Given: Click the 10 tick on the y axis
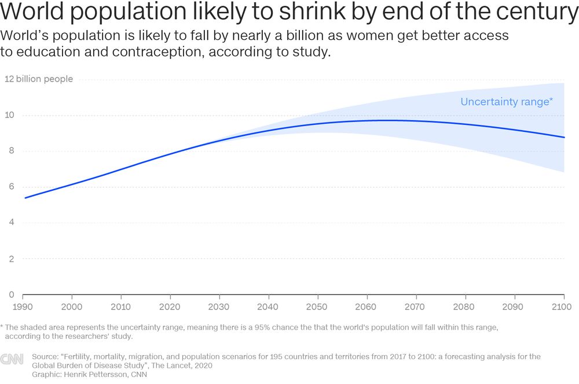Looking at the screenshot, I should tap(10, 115).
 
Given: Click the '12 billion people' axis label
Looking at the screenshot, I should tap(39, 79).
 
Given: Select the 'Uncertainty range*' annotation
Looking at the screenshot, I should tap(507, 102).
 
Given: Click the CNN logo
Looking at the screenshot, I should tap(12, 360).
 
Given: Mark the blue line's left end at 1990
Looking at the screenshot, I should tap(25, 198).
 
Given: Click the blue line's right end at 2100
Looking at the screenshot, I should tap(565, 137).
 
